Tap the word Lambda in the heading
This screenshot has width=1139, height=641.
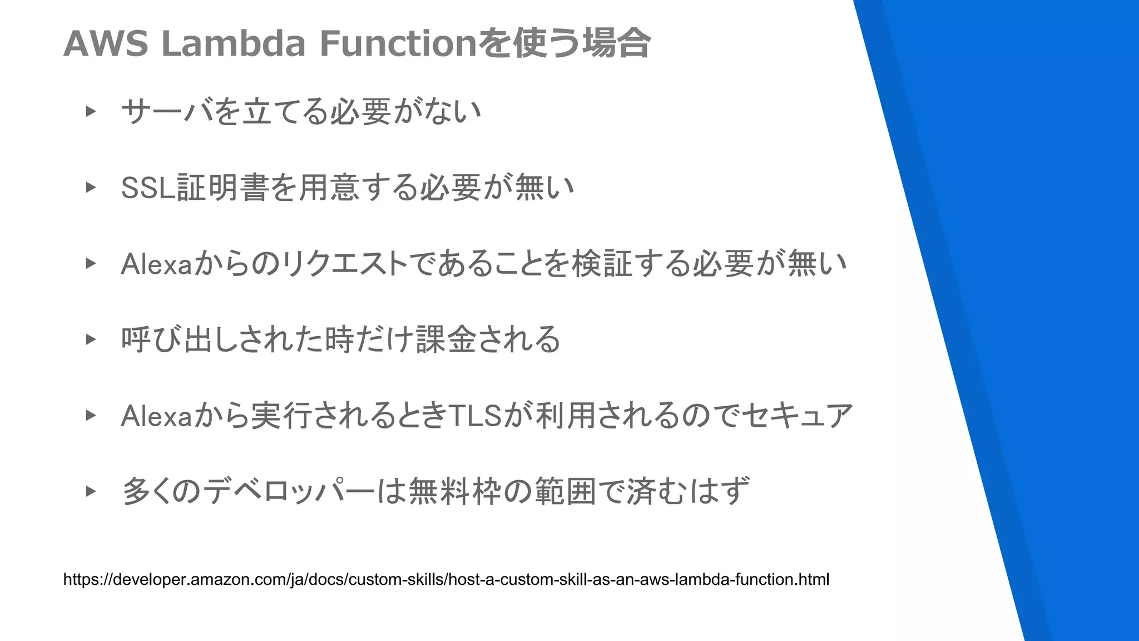click(233, 43)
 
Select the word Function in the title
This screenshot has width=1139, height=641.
click(398, 43)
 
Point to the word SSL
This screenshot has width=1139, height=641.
click(147, 188)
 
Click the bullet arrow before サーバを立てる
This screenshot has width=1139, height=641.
click(91, 111)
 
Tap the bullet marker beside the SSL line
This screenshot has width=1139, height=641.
click(91, 188)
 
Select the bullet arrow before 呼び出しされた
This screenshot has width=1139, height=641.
click(91, 339)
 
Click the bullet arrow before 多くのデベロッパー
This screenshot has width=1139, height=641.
click(91, 491)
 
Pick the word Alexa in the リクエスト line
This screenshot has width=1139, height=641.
click(156, 264)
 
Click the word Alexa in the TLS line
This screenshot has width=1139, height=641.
click(156, 416)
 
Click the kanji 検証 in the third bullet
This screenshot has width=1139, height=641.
click(603, 264)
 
